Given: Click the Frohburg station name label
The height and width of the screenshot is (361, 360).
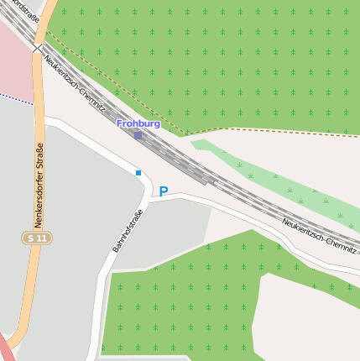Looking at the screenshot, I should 138,123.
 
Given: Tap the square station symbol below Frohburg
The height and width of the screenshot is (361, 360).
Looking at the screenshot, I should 138,135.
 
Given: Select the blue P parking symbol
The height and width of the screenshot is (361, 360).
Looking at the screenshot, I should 163,191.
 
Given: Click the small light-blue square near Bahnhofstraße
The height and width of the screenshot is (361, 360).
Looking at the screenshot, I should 138,173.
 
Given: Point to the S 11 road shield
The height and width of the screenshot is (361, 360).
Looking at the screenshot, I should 34,239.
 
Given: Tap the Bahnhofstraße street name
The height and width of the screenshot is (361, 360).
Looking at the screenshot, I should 128,231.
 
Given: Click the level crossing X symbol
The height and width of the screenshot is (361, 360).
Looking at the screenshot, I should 37,49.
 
